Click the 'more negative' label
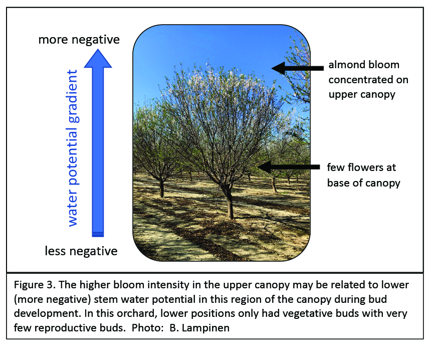point(79,40)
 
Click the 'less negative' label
point(81,251)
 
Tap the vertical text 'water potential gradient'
point(73,148)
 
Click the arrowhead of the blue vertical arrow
point(98,58)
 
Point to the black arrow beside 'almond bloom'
point(297,68)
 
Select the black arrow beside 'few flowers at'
point(288,167)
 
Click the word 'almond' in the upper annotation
point(346,65)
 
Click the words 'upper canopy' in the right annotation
point(362,95)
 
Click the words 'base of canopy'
point(364,183)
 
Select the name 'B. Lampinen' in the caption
point(199,328)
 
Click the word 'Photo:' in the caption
point(147,328)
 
